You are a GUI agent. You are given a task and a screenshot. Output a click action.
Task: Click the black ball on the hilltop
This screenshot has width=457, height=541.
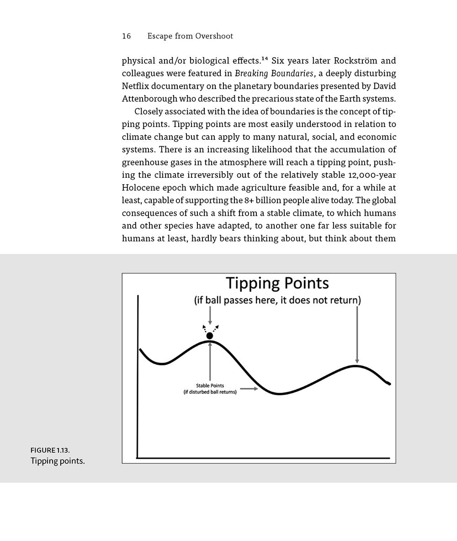coord(210,336)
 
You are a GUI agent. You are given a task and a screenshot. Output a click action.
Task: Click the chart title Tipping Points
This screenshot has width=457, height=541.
coord(277,283)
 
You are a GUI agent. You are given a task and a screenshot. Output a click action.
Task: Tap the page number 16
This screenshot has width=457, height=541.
coord(126,36)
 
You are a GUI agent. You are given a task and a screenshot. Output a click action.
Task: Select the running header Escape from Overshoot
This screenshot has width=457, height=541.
coord(190,36)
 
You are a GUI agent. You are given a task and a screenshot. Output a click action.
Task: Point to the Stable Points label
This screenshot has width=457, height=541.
coord(210,386)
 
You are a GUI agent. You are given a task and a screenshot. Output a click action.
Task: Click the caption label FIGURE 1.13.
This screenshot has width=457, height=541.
coord(50,451)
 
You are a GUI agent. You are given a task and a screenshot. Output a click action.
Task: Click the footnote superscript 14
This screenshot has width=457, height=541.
coord(264,59)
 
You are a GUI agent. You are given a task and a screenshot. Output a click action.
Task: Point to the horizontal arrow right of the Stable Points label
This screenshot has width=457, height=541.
coord(249,389)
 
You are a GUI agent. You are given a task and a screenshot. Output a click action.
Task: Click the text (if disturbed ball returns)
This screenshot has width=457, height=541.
coord(210,392)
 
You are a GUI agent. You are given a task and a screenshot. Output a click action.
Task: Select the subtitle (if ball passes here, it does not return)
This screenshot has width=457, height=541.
coord(277,300)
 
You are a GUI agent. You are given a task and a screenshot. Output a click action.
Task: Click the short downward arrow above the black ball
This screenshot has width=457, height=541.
coord(210,315)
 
